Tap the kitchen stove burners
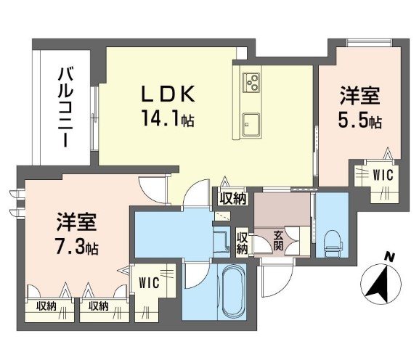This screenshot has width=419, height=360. [x=251, y=82]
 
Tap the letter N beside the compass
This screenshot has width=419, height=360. [x=390, y=256]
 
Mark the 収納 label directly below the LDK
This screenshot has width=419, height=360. [x=232, y=198]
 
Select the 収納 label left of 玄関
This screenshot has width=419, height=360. [x=243, y=242]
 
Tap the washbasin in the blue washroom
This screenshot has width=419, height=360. [x=221, y=240]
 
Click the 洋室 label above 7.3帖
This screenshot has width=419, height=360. [x=75, y=220]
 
